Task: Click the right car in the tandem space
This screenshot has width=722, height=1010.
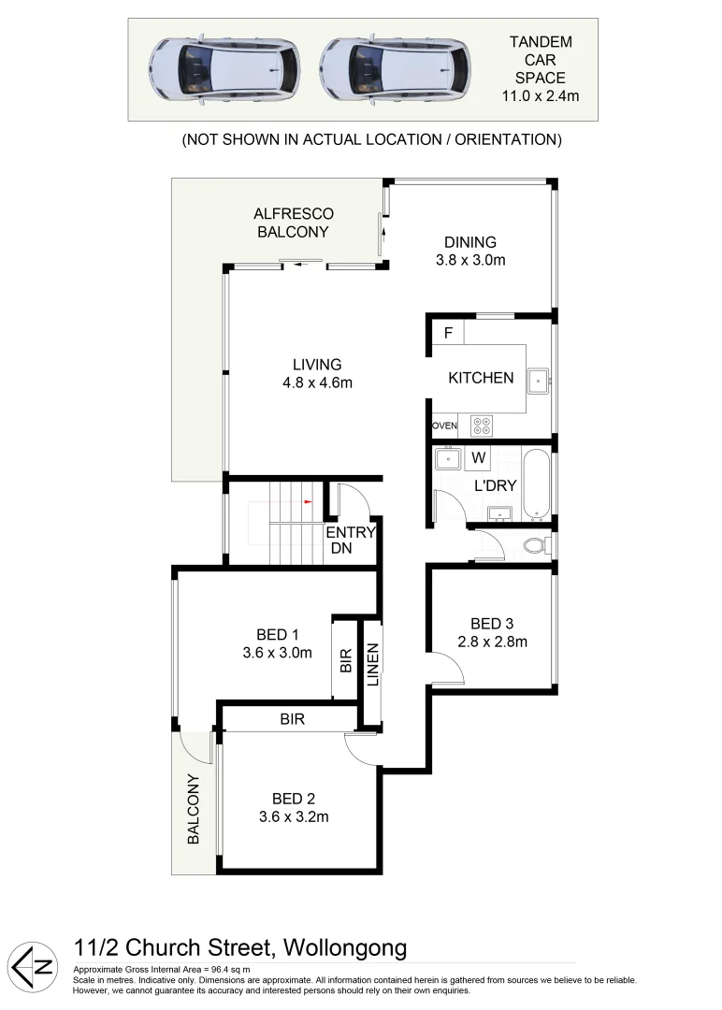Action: [395, 69]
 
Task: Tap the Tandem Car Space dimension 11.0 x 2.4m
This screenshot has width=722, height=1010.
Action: [541, 94]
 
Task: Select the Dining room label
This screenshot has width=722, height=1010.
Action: [470, 242]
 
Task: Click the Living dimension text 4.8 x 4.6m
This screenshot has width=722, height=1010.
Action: [317, 382]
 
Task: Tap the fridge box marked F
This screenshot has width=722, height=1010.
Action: [448, 333]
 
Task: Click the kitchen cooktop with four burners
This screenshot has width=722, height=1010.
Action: [482, 426]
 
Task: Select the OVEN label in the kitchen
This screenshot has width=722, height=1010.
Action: [444, 426]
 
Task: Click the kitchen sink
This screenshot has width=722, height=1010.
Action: [538, 380]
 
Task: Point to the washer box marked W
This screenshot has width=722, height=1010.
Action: [478, 458]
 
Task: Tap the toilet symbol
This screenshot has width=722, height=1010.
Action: [535, 544]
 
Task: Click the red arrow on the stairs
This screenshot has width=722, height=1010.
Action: [305, 500]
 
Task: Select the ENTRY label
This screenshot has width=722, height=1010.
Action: [350, 532]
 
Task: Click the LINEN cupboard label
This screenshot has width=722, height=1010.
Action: [372, 665]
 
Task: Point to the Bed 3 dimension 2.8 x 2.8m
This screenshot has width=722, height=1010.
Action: [493, 642]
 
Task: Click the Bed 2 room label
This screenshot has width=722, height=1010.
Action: [293, 799]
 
